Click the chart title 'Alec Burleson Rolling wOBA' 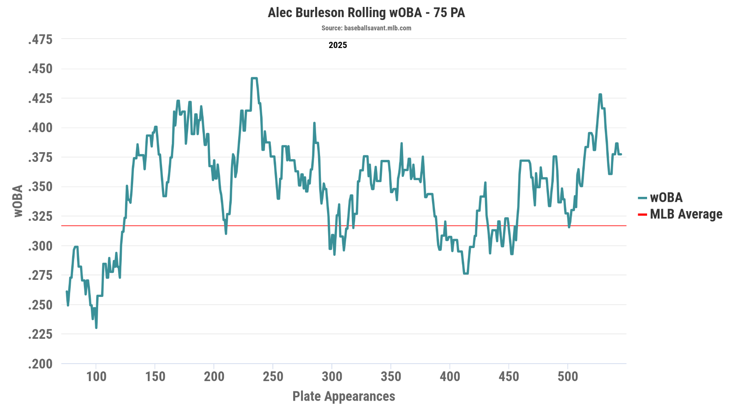click(366, 13)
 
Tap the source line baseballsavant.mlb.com click(366, 28)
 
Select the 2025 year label click(338, 45)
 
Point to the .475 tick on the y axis click(40, 39)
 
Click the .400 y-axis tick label click(40, 128)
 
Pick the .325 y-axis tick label click(40, 216)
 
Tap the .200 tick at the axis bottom click(40, 364)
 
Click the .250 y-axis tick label click(40, 305)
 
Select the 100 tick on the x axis click(96, 377)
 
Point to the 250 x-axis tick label click(273, 377)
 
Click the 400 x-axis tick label click(450, 377)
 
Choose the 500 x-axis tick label click(568, 377)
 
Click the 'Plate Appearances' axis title click(344, 396)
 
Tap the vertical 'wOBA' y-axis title click(18, 201)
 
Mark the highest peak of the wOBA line click(254, 78)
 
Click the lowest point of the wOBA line click(96, 327)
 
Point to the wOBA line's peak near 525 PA click(600, 94)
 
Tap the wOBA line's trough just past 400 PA click(465, 273)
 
